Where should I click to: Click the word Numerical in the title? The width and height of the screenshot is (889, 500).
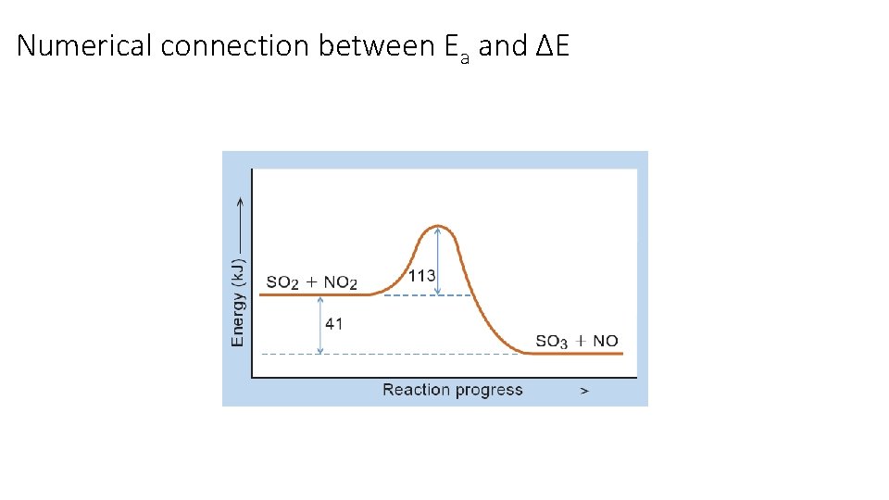click(85, 45)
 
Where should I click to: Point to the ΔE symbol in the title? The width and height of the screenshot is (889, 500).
click(553, 45)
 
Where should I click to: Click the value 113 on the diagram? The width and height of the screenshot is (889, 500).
click(421, 275)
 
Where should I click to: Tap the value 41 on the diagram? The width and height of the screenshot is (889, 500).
click(334, 324)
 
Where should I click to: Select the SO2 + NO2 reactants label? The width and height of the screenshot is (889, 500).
click(312, 281)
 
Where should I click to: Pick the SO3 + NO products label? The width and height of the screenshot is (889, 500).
click(576, 341)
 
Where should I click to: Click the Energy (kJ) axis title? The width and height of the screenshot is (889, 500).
click(238, 302)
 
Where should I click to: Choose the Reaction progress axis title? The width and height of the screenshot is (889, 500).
click(453, 390)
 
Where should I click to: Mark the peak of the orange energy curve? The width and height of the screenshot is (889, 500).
click(438, 225)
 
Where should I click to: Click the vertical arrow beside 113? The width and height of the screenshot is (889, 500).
click(438, 260)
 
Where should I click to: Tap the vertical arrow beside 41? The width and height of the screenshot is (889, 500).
click(320, 324)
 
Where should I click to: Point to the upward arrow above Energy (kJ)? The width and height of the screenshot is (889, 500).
click(240, 222)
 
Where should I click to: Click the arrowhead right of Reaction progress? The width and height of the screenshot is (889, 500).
click(583, 391)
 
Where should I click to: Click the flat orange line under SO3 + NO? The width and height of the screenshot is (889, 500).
click(579, 354)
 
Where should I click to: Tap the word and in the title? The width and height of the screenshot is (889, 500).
click(503, 45)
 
